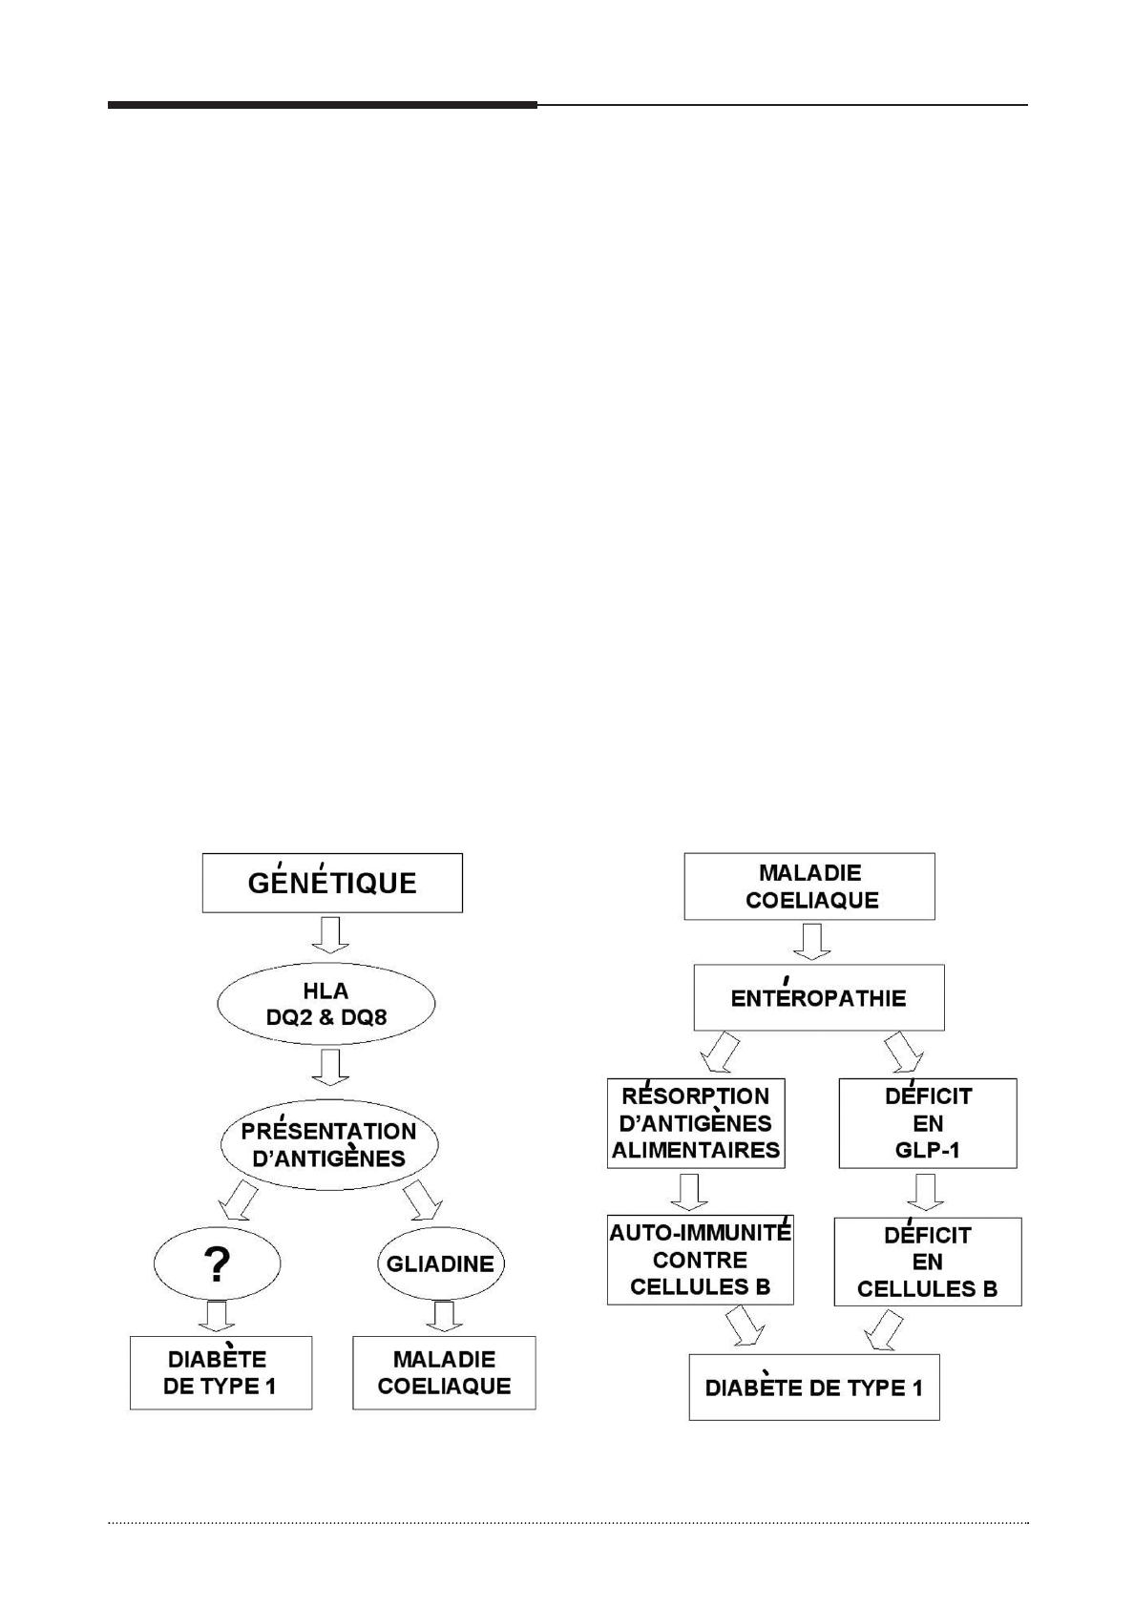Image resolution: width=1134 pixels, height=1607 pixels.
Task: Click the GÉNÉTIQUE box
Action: pos(332,883)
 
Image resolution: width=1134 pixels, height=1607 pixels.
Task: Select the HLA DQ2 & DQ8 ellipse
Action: pos(326,1003)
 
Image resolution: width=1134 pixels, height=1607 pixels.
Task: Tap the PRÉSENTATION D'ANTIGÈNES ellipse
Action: pos(329,1144)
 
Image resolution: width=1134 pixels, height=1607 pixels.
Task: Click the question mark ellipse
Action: pos(217,1263)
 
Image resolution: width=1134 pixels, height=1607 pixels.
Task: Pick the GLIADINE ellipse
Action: pos(441,1263)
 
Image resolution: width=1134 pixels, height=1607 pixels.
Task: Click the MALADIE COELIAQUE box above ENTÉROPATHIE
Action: pos(809,886)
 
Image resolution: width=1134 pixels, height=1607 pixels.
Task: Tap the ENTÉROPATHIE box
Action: pos(819,997)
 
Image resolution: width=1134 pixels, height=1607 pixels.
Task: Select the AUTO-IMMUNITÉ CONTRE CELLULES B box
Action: pos(701,1260)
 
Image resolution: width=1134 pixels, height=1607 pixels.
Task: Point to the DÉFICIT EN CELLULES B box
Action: pos(928,1262)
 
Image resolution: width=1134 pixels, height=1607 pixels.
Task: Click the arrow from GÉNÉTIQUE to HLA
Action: pos(331,935)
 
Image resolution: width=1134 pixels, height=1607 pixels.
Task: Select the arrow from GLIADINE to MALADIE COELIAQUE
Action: pos(444,1317)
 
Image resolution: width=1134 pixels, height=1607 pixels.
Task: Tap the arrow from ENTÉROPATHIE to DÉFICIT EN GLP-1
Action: pos(903,1052)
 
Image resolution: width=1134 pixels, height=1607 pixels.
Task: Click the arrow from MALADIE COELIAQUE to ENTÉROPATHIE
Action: pos(811,941)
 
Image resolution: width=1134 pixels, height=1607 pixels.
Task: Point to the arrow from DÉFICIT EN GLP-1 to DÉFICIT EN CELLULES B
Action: pos(926,1192)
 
